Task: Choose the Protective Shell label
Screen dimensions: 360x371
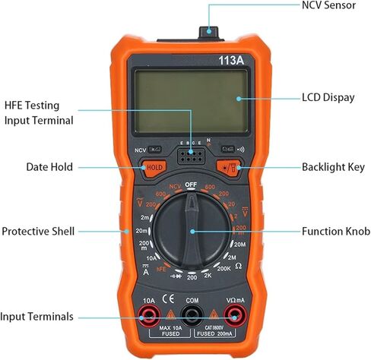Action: pos(38,231)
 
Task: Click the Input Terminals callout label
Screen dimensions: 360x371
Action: pos(37,316)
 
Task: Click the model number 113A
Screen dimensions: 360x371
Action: pos(231,58)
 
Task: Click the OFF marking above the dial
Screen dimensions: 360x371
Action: pos(191,185)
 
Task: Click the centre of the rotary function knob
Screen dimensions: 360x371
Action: pos(192,231)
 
